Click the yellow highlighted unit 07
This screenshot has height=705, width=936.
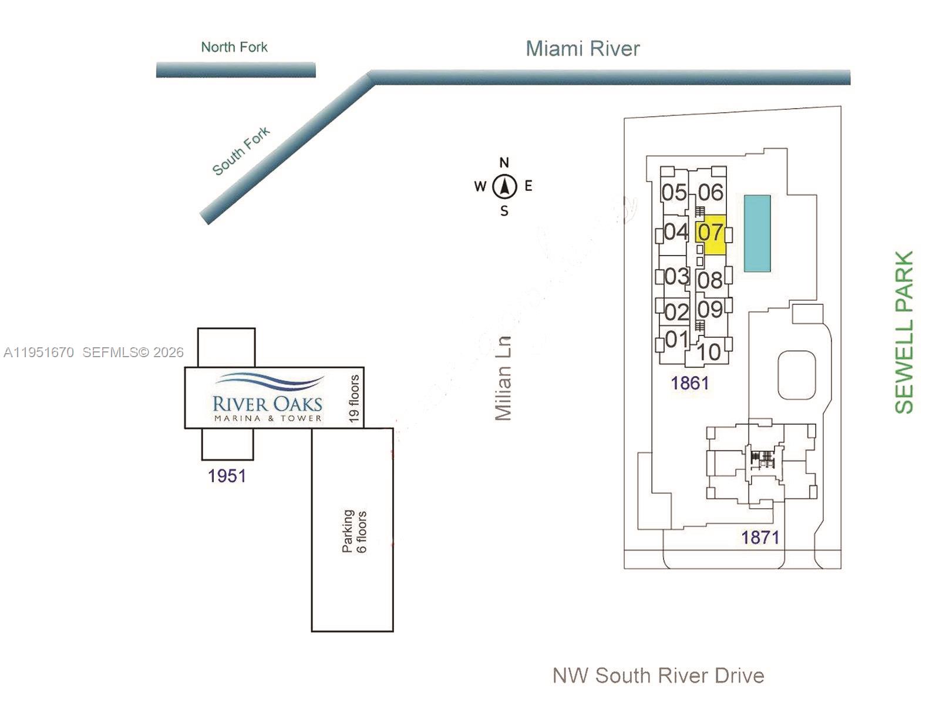(x=711, y=233)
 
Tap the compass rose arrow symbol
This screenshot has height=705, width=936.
(x=504, y=187)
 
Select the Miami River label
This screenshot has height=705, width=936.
(x=582, y=49)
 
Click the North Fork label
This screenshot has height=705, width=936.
(x=234, y=47)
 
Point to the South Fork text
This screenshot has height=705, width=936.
(x=241, y=150)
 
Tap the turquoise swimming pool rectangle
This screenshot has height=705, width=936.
(x=757, y=233)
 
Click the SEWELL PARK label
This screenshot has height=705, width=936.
(x=904, y=333)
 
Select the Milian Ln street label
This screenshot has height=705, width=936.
(x=504, y=378)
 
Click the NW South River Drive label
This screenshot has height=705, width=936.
(x=658, y=676)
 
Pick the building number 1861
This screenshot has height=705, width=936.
(x=690, y=383)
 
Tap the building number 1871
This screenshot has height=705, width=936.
(x=760, y=537)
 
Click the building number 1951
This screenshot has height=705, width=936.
(x=227, y=476)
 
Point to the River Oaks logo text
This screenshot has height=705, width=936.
(x=267, y=404)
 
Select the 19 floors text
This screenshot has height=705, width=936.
(x=353, y=398)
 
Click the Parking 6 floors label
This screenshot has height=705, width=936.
(x=354, y=531)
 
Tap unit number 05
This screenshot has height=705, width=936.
(x=674, y=192)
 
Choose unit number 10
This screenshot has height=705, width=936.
(x=709, y=352)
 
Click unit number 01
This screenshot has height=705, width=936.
(x=676, y=339)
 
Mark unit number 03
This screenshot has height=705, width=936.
(x=676, y=276)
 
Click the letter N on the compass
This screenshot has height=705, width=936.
(x=504, y=163)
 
